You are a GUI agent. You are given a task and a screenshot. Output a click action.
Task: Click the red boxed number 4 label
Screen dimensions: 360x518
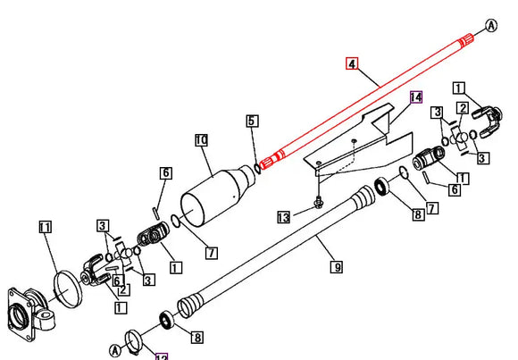tap(352, 63)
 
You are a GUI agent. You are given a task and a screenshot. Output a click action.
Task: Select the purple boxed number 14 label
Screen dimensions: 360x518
tap(414, 97)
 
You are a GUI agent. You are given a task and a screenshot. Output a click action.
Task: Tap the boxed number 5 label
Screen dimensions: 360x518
tap(252, 121)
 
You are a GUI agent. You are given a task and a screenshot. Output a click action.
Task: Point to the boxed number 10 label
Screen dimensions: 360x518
tap(201, 140)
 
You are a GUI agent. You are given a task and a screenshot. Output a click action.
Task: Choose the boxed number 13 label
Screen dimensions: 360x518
tap(283, 216)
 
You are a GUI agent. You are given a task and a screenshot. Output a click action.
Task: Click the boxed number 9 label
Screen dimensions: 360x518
tap(336, 265)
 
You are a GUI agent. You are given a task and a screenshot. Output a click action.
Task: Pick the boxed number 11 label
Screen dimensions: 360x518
tap(46, 228)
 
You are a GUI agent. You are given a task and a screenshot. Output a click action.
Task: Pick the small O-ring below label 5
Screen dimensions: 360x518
tap(257, 165)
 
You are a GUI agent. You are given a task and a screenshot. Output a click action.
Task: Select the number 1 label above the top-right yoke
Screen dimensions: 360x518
tap(458, 88)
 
